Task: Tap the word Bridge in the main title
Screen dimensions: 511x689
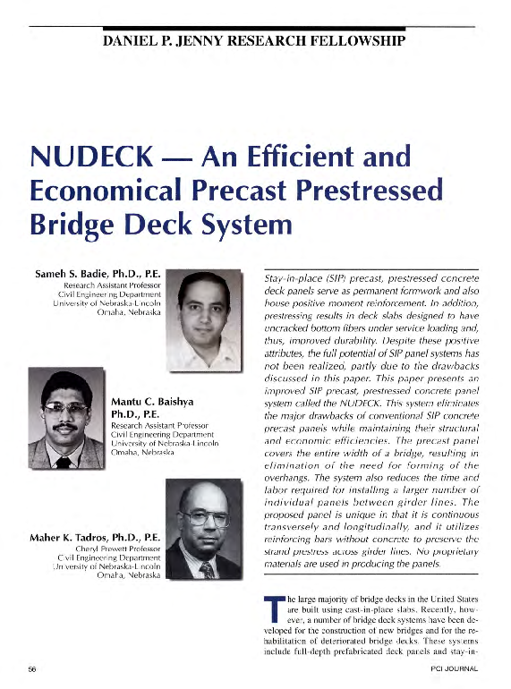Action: click(72, 224)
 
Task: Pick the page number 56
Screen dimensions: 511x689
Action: click(32, 668)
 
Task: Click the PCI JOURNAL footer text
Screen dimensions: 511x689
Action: click(453, 668)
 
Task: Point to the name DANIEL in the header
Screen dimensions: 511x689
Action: click(134, 40)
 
